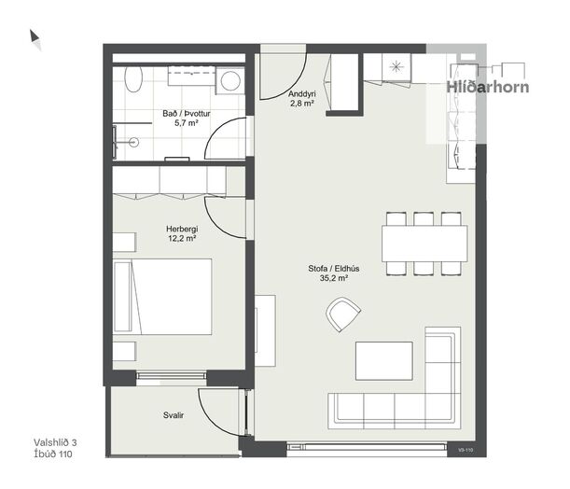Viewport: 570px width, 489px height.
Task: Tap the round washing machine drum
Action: [x=230, y=80]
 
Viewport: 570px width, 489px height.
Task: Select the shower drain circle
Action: [x=133, y=143]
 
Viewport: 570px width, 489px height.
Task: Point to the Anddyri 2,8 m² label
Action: [x=301, y=99]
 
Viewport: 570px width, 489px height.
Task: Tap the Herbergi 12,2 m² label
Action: [x=182, y=234]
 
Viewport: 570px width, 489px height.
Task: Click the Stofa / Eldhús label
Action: [x=334, y=269]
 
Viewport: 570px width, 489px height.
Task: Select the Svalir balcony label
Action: [x=174, y=415]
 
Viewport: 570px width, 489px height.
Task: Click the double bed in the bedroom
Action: [x=162, y=297]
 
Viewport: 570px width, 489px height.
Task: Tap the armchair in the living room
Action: [x=343, y=314]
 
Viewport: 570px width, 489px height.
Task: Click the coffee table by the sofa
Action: [x=383, y=361]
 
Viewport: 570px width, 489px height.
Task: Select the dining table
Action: [x=424, y=244]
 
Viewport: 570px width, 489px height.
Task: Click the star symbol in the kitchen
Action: [x=396, y=66]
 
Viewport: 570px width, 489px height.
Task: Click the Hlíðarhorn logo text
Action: [x=488, y=88]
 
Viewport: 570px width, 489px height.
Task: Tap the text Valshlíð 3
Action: [x=55, y=442]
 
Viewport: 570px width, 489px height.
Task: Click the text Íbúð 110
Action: [x=53, y=454]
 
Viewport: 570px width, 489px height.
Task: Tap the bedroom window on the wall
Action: [x=172, y=378]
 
